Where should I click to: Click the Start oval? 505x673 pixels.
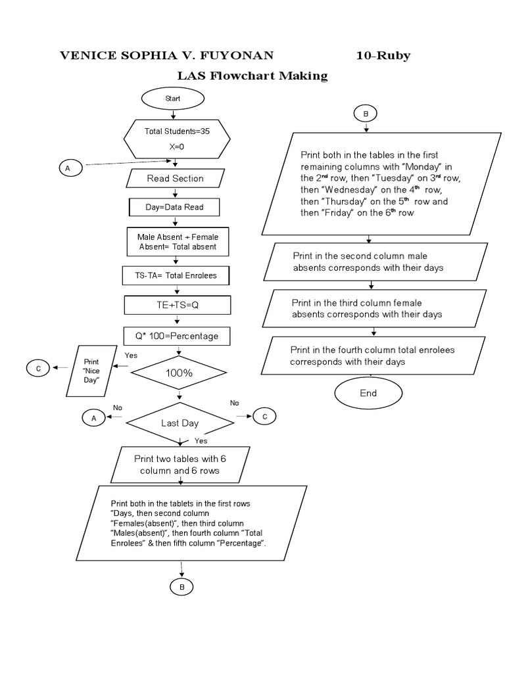173,99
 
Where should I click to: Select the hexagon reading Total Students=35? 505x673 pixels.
177,139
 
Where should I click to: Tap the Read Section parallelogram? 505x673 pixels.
174,178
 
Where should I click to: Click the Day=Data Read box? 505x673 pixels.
174,207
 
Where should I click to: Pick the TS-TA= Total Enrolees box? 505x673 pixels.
176,275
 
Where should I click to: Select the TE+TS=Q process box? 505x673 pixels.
176,306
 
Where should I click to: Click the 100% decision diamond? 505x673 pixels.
178,372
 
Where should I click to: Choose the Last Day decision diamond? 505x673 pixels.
180,423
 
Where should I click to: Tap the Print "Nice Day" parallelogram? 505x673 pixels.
91,371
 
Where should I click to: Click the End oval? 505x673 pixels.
368,393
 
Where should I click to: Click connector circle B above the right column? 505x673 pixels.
366,114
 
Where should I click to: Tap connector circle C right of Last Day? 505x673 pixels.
264,416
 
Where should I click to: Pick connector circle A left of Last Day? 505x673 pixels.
93,417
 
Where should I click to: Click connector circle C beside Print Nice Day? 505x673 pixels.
38,369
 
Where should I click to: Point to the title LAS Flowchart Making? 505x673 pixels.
252,76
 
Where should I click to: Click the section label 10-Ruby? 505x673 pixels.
383,56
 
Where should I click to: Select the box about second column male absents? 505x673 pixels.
375,262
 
